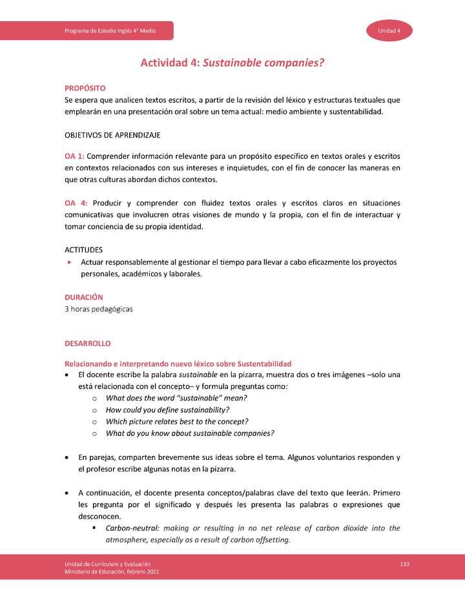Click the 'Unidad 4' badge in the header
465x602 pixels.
pyautogui.click(x=390, y=31)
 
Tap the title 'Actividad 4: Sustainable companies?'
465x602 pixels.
pyautogui.click(x=232, y=63)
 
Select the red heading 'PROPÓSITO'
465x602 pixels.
pyautogui.click(x=85, y=88)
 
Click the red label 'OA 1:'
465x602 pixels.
pyautogui.click(x=74, y=156)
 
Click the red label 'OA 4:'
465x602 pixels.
pyautogui.click(x=76, y=203)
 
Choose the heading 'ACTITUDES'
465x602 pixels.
pyautogui.click(x=83, y=249)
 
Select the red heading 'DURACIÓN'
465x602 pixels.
pyautogui.click(x=84, y=297)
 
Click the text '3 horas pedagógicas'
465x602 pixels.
pyautogui.click(x=99, y=309)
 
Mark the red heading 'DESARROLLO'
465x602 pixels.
pyautogui.click(x=87, y=344)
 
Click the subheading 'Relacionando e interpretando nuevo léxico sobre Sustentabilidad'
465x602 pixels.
pyautogui.click(x=178, y=364)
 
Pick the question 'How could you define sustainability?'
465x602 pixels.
pyautogui.click(x=167, y=410)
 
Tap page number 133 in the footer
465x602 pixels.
pyautogui.click(x=405, y=565)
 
